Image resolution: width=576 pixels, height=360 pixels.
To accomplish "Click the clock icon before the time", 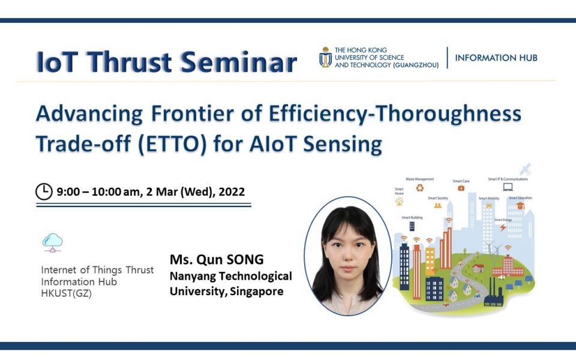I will [x=44, y=192].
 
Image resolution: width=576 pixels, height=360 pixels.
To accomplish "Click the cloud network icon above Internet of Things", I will [x=52, y=242].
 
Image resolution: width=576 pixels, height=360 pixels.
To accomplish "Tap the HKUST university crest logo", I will [x=325, y=57].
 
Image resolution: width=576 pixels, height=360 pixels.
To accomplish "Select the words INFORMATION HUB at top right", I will [x=496, y=58].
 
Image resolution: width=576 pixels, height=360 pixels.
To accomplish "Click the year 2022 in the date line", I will [x=232, y=192].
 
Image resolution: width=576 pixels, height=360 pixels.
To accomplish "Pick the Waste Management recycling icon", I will [x=419, y=188].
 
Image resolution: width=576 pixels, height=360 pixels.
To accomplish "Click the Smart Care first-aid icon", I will [x=461, y=188].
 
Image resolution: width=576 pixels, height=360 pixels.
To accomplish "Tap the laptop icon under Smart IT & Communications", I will [x=508, y=187].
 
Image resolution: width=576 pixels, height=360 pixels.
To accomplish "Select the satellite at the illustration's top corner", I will [x=526, y=170].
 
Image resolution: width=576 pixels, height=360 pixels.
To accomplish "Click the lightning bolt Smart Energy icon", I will [x=503, y=227].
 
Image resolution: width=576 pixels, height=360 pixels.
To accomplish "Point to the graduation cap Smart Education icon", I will [x=520, y=206].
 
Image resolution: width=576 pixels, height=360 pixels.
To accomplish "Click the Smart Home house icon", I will [x=399, y=202].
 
